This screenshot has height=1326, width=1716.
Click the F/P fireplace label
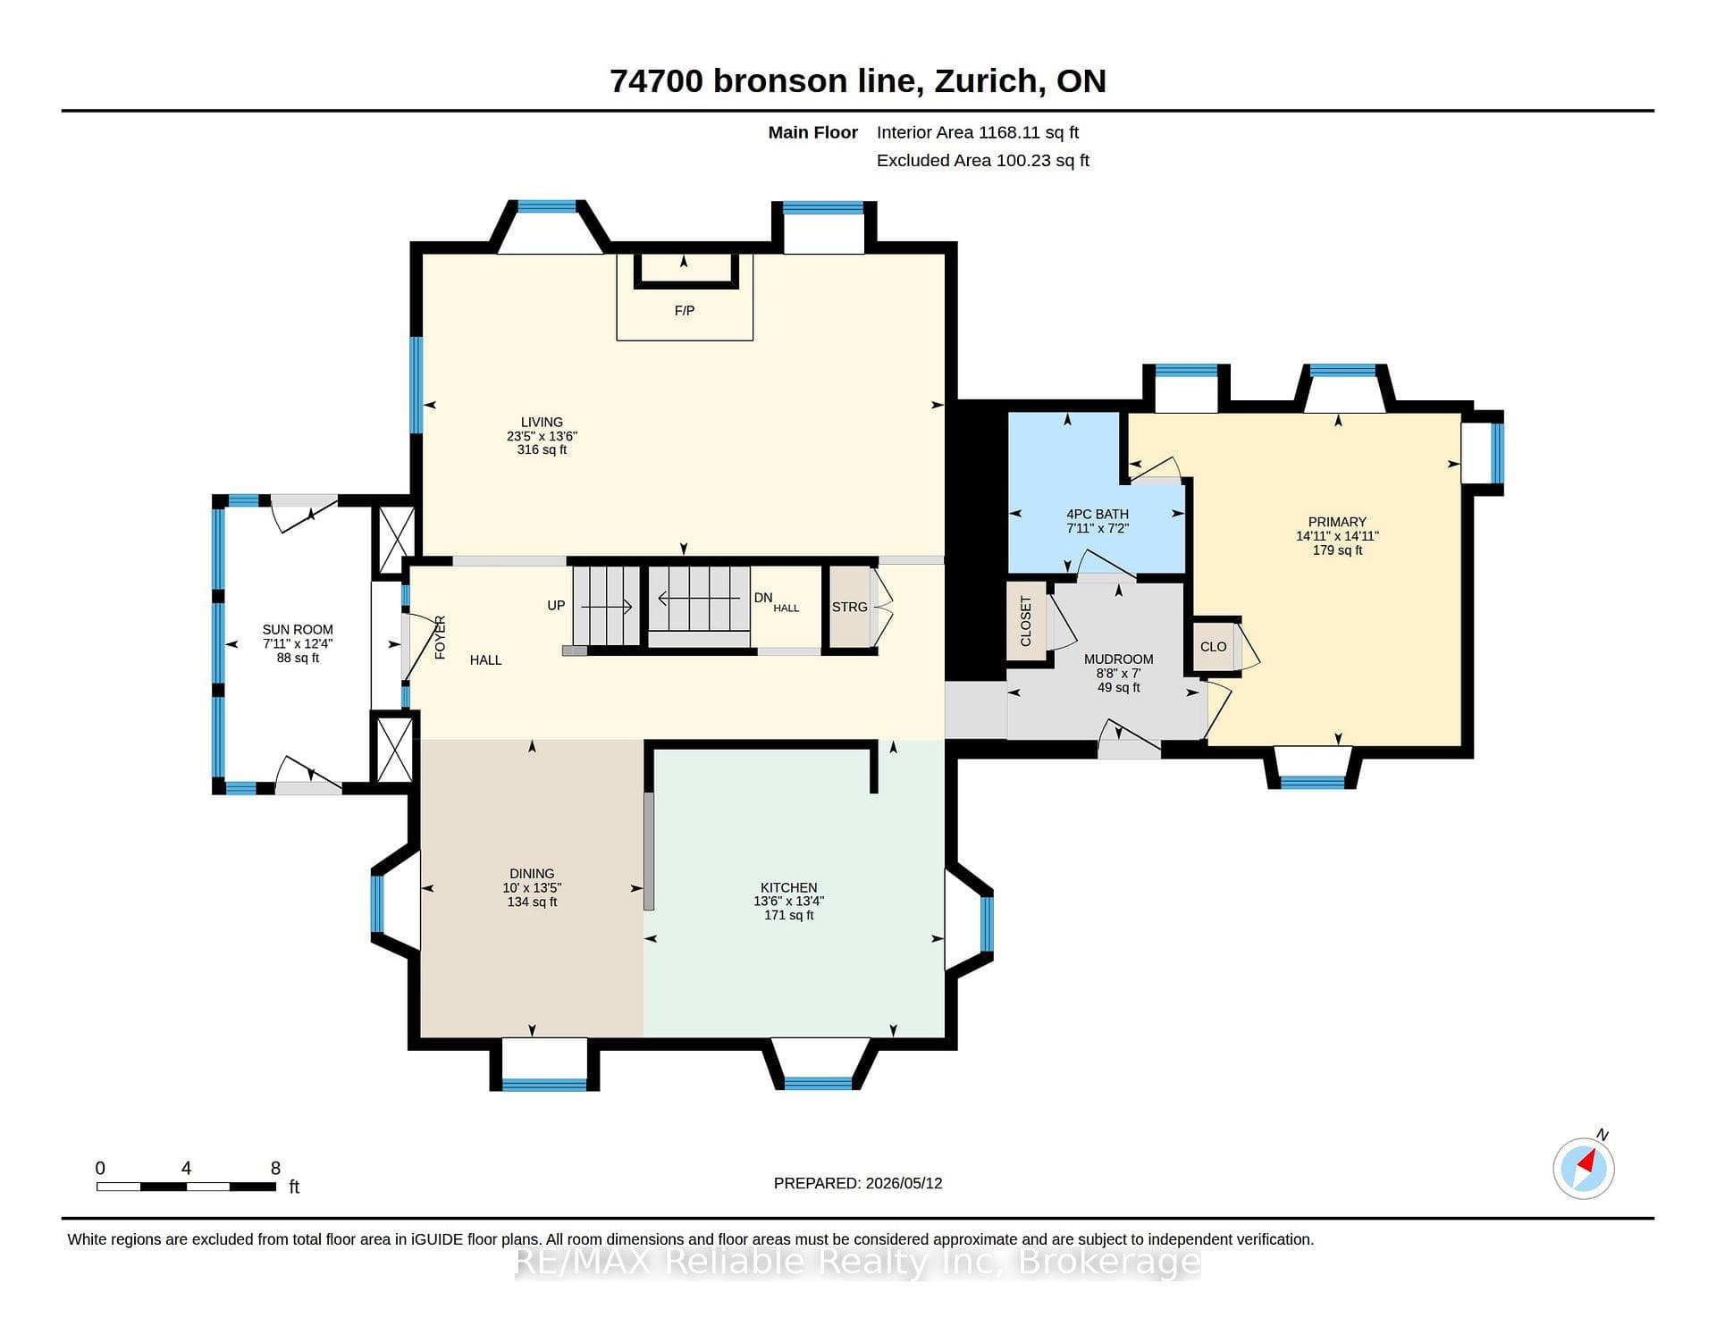click(x=684, y=311)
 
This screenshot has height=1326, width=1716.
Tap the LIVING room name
click(x=542, y=422)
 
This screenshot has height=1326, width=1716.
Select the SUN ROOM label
click(x=298, y=629)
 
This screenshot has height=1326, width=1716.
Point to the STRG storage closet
click(x=849, y=607)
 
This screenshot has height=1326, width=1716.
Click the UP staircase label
click(x=556, y=605)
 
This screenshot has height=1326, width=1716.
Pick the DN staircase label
click(x=762, y=598)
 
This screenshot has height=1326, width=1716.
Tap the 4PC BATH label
click(x=1098, y=514)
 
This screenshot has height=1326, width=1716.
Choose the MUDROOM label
click(x=1118, y=659)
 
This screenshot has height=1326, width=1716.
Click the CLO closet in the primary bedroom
click(x=1213, y=647)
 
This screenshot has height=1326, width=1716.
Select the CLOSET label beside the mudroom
click(x=1025, y=622)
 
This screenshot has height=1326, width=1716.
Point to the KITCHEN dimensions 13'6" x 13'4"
click(x=788, y=902)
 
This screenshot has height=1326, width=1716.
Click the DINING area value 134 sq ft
click(x=532, y=902)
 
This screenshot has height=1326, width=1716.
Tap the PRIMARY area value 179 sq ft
click(x=1337, y=550)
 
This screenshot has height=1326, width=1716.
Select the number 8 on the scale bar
click(x=275, y=1168)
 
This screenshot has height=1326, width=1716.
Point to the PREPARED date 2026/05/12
click(x=903, y=1183)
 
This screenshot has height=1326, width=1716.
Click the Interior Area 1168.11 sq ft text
click(x=978, y=132)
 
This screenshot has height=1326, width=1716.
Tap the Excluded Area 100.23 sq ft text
click(x=983, y=160)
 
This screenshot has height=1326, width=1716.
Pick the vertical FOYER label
click(x=440, y=637)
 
